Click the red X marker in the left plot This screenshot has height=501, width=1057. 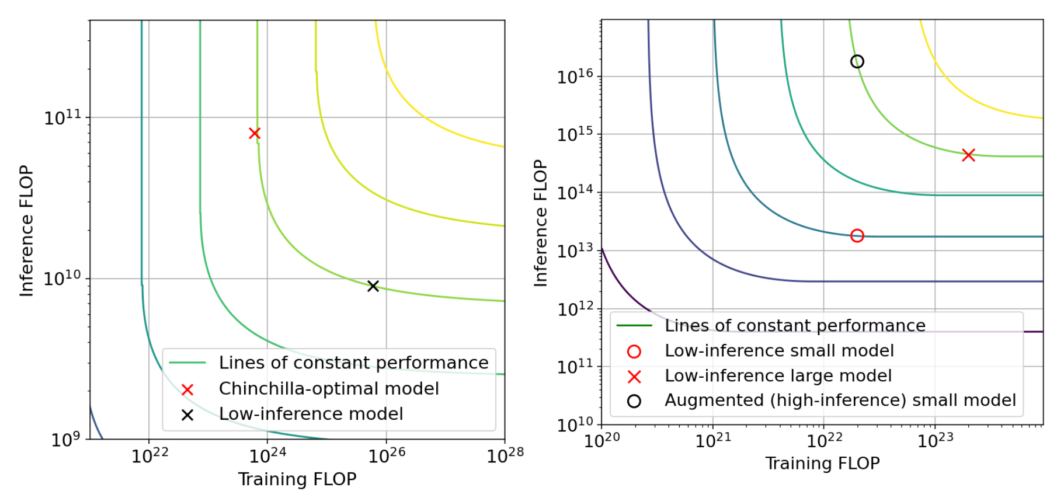(x=255, y=133)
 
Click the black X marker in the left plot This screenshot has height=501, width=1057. (x=373, y=286)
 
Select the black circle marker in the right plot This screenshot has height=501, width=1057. (x=857, y=61)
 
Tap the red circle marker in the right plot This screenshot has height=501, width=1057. (x=857, y=236)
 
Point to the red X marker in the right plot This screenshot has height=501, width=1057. (x=968, y=155)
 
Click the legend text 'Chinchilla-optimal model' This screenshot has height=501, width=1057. (x=328, y=388)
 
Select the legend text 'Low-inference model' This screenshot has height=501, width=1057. (x=311, y=414)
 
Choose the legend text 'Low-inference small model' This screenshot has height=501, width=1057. (x=779, y=351)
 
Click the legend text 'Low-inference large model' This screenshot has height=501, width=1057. (x=778, y=376)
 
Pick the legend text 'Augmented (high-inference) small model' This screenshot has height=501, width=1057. (x=840, y=401)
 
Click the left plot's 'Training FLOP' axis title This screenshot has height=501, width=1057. (x=297, y=479)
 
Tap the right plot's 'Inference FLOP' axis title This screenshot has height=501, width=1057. (x=541, y=223)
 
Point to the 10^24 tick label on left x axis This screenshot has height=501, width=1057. (x=268, y=454)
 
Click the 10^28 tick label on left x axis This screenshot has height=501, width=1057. (x=505, y=454)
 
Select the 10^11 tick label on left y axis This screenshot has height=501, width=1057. (x=63, y=117)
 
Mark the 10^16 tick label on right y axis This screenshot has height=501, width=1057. (x=575, y=76)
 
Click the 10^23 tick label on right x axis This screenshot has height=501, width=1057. (x=935, y=440)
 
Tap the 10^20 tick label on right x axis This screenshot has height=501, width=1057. (x=601, y=440)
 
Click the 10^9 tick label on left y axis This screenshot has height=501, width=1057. (x=67, y=439)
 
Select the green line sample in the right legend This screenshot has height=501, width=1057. (x=634, y=326)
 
